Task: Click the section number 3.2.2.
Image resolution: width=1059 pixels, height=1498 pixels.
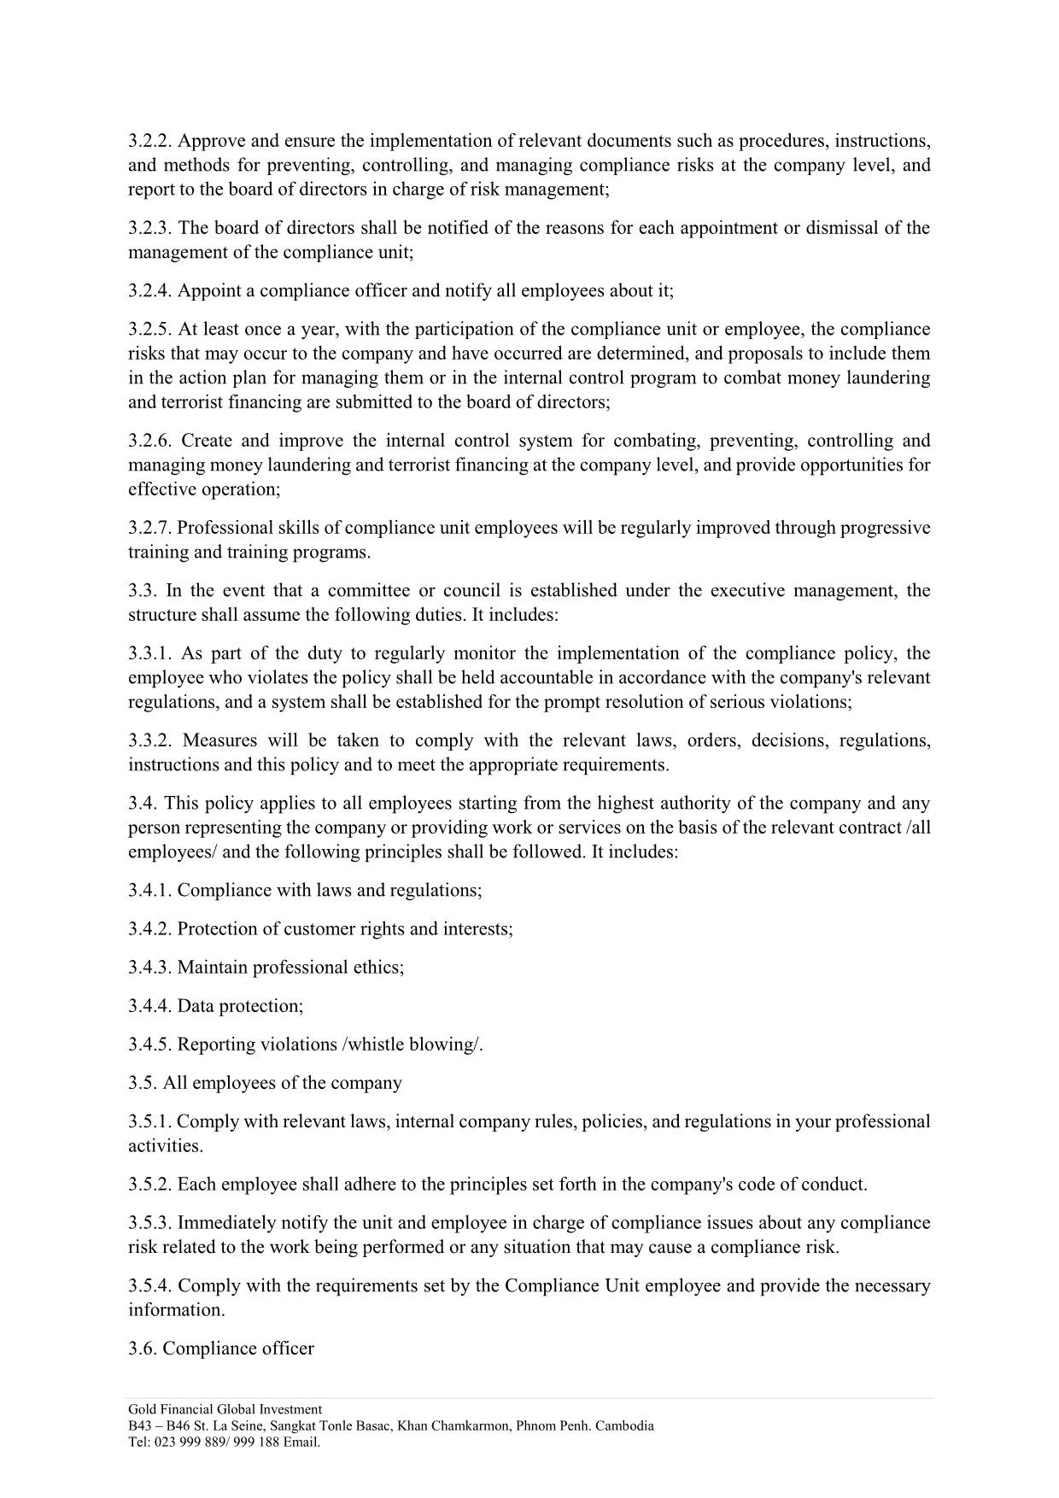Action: tap(150, 141)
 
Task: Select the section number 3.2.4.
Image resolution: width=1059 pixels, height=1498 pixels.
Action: tap(150, 290)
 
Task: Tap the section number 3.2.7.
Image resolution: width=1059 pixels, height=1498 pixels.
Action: tap(150, 528)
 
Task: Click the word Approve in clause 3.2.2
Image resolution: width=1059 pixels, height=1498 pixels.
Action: tap(208, 141)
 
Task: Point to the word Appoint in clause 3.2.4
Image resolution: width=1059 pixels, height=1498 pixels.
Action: tap(208, 290)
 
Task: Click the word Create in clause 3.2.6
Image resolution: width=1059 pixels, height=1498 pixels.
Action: tap(205, 441)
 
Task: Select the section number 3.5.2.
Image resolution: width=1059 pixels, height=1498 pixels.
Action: tap(150, 1185)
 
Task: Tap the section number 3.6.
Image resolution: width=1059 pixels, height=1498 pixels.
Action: tap(143, 1349)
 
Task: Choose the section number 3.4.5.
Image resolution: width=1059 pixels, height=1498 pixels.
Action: tap(150, 1044)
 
